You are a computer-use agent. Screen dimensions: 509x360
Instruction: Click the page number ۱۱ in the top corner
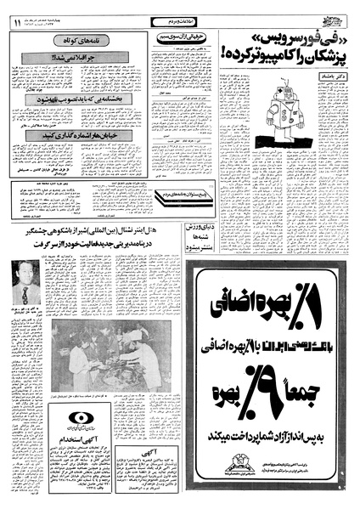[x=17, y=23]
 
